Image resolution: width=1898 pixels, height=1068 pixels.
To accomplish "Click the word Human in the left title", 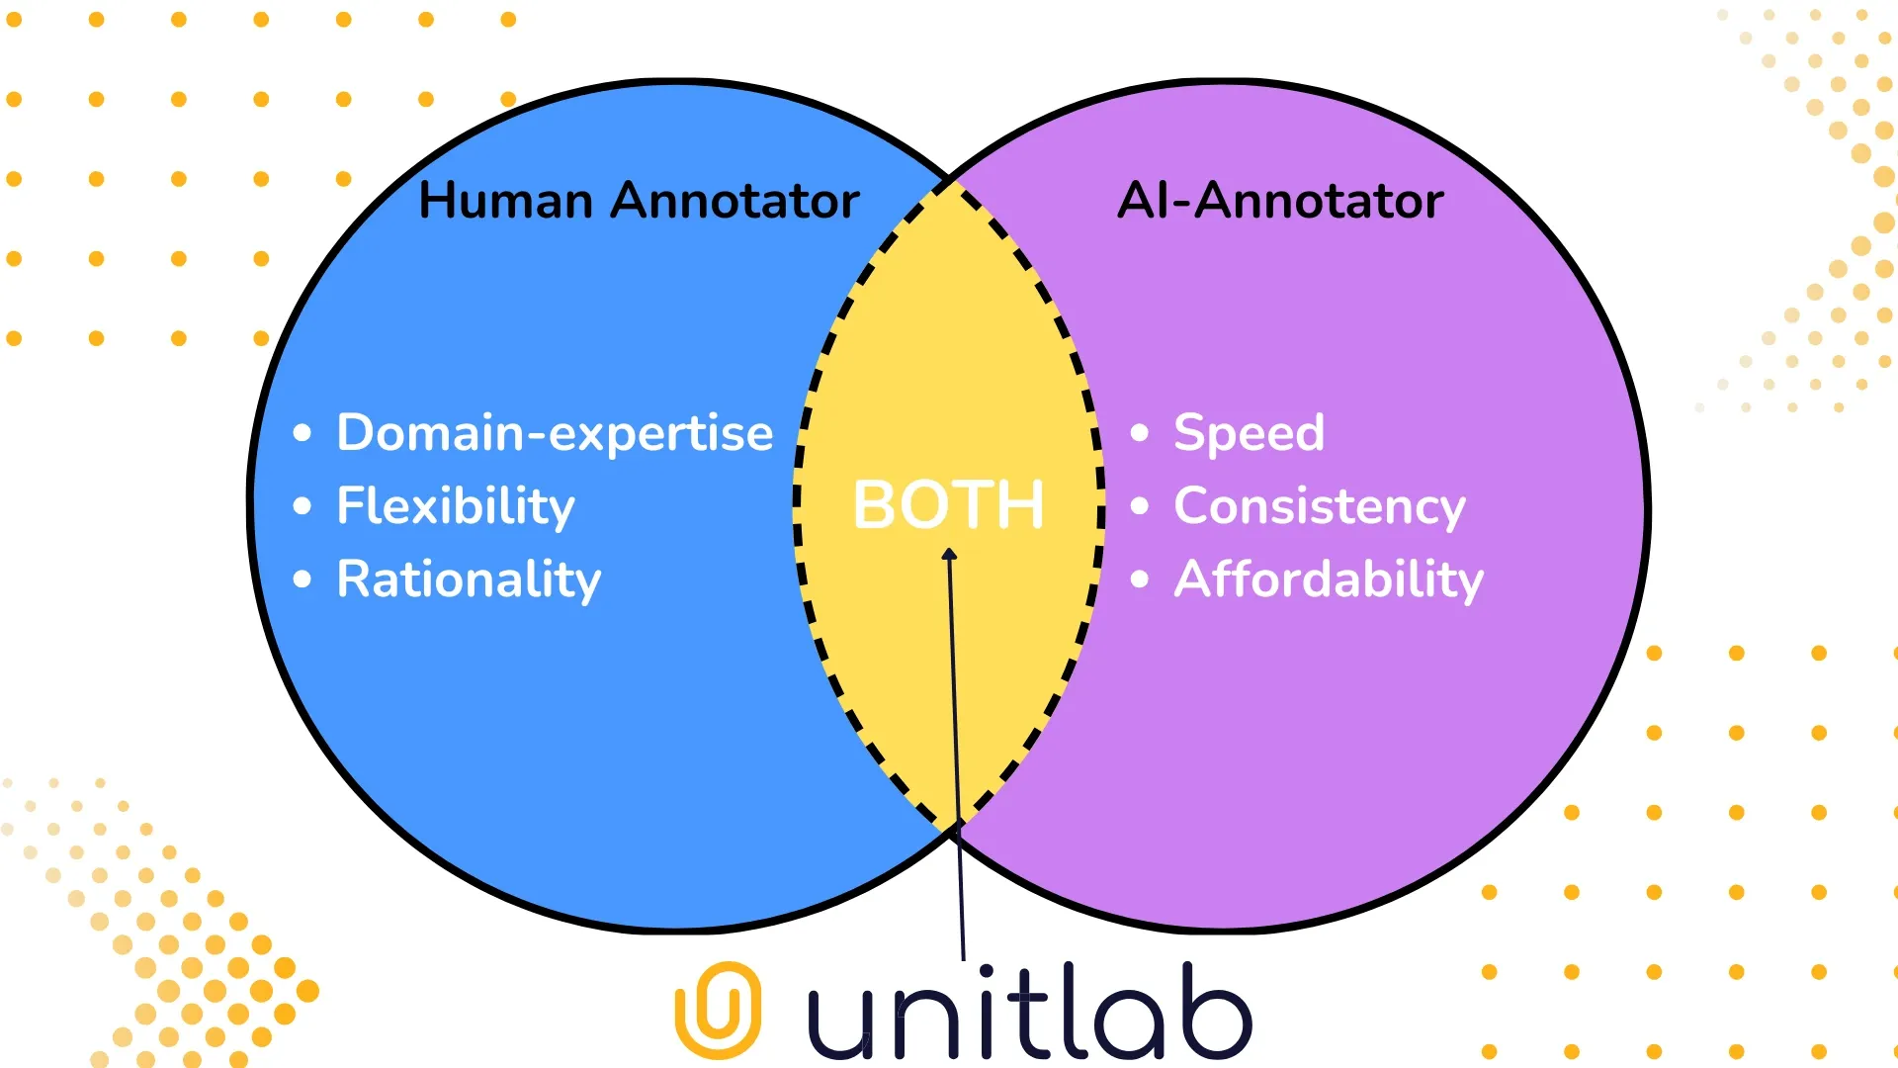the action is tap(505, 201).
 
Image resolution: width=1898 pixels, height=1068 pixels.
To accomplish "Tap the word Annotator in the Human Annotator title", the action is tap(734, 201).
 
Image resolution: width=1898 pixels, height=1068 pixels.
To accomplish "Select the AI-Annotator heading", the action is tap(1280, 201).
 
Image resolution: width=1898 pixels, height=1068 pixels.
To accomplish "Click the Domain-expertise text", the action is tap(555, 433).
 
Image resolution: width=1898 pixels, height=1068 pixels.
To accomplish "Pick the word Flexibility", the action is tap(455, 506).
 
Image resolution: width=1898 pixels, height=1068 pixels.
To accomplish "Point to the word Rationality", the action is tap(469, 579).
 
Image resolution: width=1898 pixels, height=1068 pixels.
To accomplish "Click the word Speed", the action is tap(1249, 433).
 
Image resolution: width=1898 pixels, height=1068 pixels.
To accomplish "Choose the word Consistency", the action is tap(1319, 506).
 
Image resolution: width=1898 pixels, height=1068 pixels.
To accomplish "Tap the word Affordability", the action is tap(1329, 579).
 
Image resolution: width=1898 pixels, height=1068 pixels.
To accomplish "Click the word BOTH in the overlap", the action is tap(948, 505).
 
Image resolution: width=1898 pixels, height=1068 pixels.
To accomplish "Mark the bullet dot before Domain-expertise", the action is tap(302, 433).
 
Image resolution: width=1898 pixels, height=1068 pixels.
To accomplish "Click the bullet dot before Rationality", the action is tap(302, 579).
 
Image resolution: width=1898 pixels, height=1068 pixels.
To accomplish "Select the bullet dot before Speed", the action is tap(1140, 433).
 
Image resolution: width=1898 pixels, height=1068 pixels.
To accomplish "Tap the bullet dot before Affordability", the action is tap(1140, 579).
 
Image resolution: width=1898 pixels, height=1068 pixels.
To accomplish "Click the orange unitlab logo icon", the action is tap(718, 1010).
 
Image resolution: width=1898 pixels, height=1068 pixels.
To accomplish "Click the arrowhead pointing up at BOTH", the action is tap(949, 555).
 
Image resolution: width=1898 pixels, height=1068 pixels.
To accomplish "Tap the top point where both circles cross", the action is tap(950, 179).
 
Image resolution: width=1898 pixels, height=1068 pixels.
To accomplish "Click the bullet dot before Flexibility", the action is tap(302, 506).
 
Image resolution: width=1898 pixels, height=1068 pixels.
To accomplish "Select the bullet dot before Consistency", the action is tap(1140, 506).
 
